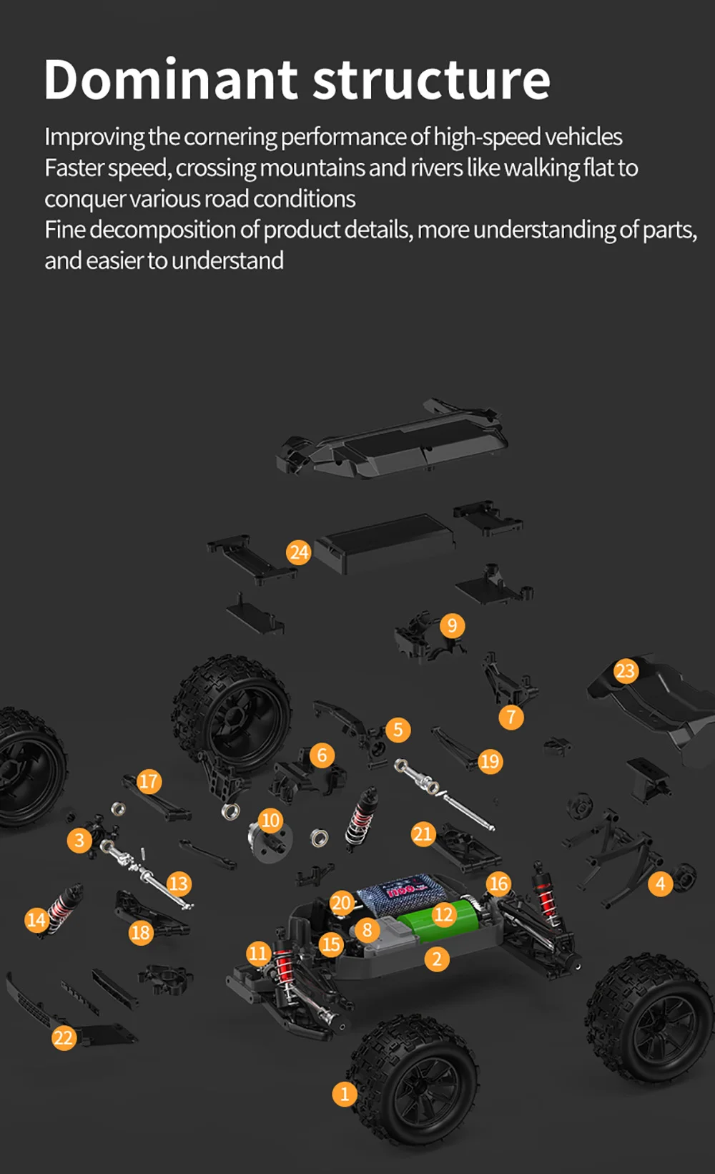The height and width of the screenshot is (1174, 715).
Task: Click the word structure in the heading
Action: (432, 79)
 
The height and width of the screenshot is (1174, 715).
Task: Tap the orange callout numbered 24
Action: (299, 552)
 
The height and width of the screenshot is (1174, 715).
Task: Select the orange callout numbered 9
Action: (452, 625)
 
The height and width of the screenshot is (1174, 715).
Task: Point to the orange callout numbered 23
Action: (626, 671)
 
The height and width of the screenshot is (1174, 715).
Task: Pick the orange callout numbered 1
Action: (345, 1094)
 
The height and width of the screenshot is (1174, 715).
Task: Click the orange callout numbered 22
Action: (64, 1037)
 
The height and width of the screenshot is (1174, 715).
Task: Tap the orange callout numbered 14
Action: (36, 919)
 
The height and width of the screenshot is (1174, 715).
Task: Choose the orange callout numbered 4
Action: (660, 884)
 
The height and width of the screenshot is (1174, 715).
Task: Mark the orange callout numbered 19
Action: (490, 761)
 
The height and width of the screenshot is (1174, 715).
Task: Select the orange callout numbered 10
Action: (270, 820)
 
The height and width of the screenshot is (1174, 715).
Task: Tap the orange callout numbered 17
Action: (148, 781)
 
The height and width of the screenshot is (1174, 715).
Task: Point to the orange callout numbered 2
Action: (437, 959)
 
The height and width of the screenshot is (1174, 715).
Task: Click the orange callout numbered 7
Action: (511, 717)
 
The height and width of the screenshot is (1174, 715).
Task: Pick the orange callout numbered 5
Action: (398, 730)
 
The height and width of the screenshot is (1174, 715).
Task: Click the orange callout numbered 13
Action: (178, 884)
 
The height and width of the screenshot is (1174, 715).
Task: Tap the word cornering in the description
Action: (230, 137)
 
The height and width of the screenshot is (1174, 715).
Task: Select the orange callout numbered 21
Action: (423, 833)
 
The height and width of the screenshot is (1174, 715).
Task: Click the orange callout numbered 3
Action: (79, 840)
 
